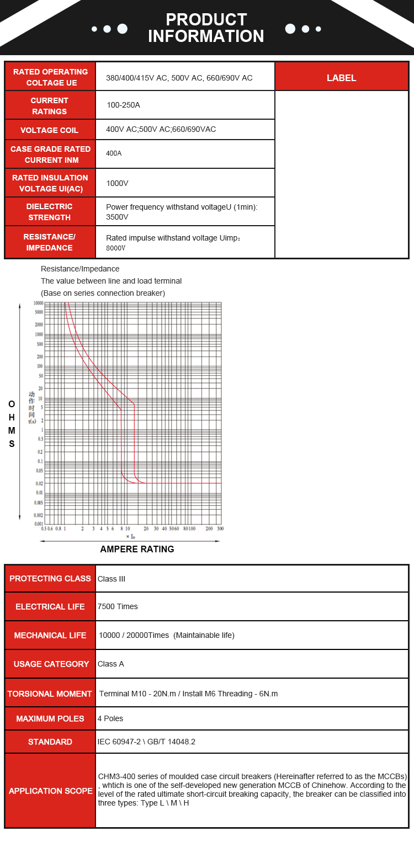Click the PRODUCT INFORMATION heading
point(206,28)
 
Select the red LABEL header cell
point(342,78)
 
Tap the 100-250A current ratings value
point(124,105)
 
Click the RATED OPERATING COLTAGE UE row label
point(50,77)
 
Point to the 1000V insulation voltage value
point(117,183)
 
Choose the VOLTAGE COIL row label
point(50,130)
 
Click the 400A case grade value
point(114,153)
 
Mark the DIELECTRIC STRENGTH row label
point(50,212)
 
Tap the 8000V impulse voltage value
point(116,248)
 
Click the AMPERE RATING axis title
point(137,549)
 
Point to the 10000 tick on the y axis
point(38,303)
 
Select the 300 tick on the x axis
point(220,529)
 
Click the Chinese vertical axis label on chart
point(32,407)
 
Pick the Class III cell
point(112,579)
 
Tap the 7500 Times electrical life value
point(118,606)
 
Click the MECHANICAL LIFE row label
point(50,636)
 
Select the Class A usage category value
point(111,664)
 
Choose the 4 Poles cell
point(110,718)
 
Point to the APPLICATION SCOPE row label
point(50,791)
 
